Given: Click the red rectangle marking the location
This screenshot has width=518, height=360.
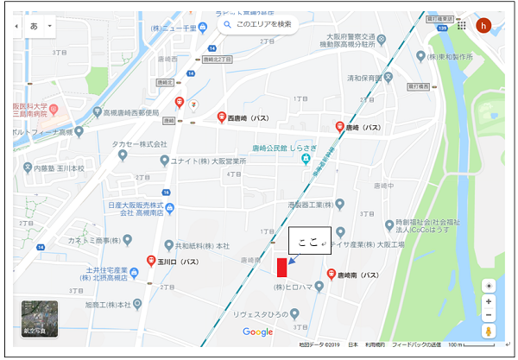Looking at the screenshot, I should (x=281, y=268).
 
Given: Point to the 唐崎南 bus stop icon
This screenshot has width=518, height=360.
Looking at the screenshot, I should (x=331, y=275).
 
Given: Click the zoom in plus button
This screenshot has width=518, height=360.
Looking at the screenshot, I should (x=490, y=301).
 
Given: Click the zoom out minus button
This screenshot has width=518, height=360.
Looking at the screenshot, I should (x=490, y=315).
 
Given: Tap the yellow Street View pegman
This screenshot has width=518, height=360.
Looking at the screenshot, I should (x=490, y=332).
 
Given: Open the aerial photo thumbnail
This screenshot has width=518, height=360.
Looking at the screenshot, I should (x=40, y=318).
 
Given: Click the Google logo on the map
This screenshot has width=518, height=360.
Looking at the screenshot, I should (x=257, y=332).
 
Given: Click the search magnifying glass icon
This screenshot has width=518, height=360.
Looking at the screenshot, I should (x=227, y=25).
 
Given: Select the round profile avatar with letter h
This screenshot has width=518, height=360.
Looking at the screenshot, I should (x=483, y=25).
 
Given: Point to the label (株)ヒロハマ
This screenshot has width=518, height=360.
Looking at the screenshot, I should (x=298, y=286).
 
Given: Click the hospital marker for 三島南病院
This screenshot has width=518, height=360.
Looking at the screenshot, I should (x=53, y=107).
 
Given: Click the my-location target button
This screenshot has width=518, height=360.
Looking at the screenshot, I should (x=490, y=285).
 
